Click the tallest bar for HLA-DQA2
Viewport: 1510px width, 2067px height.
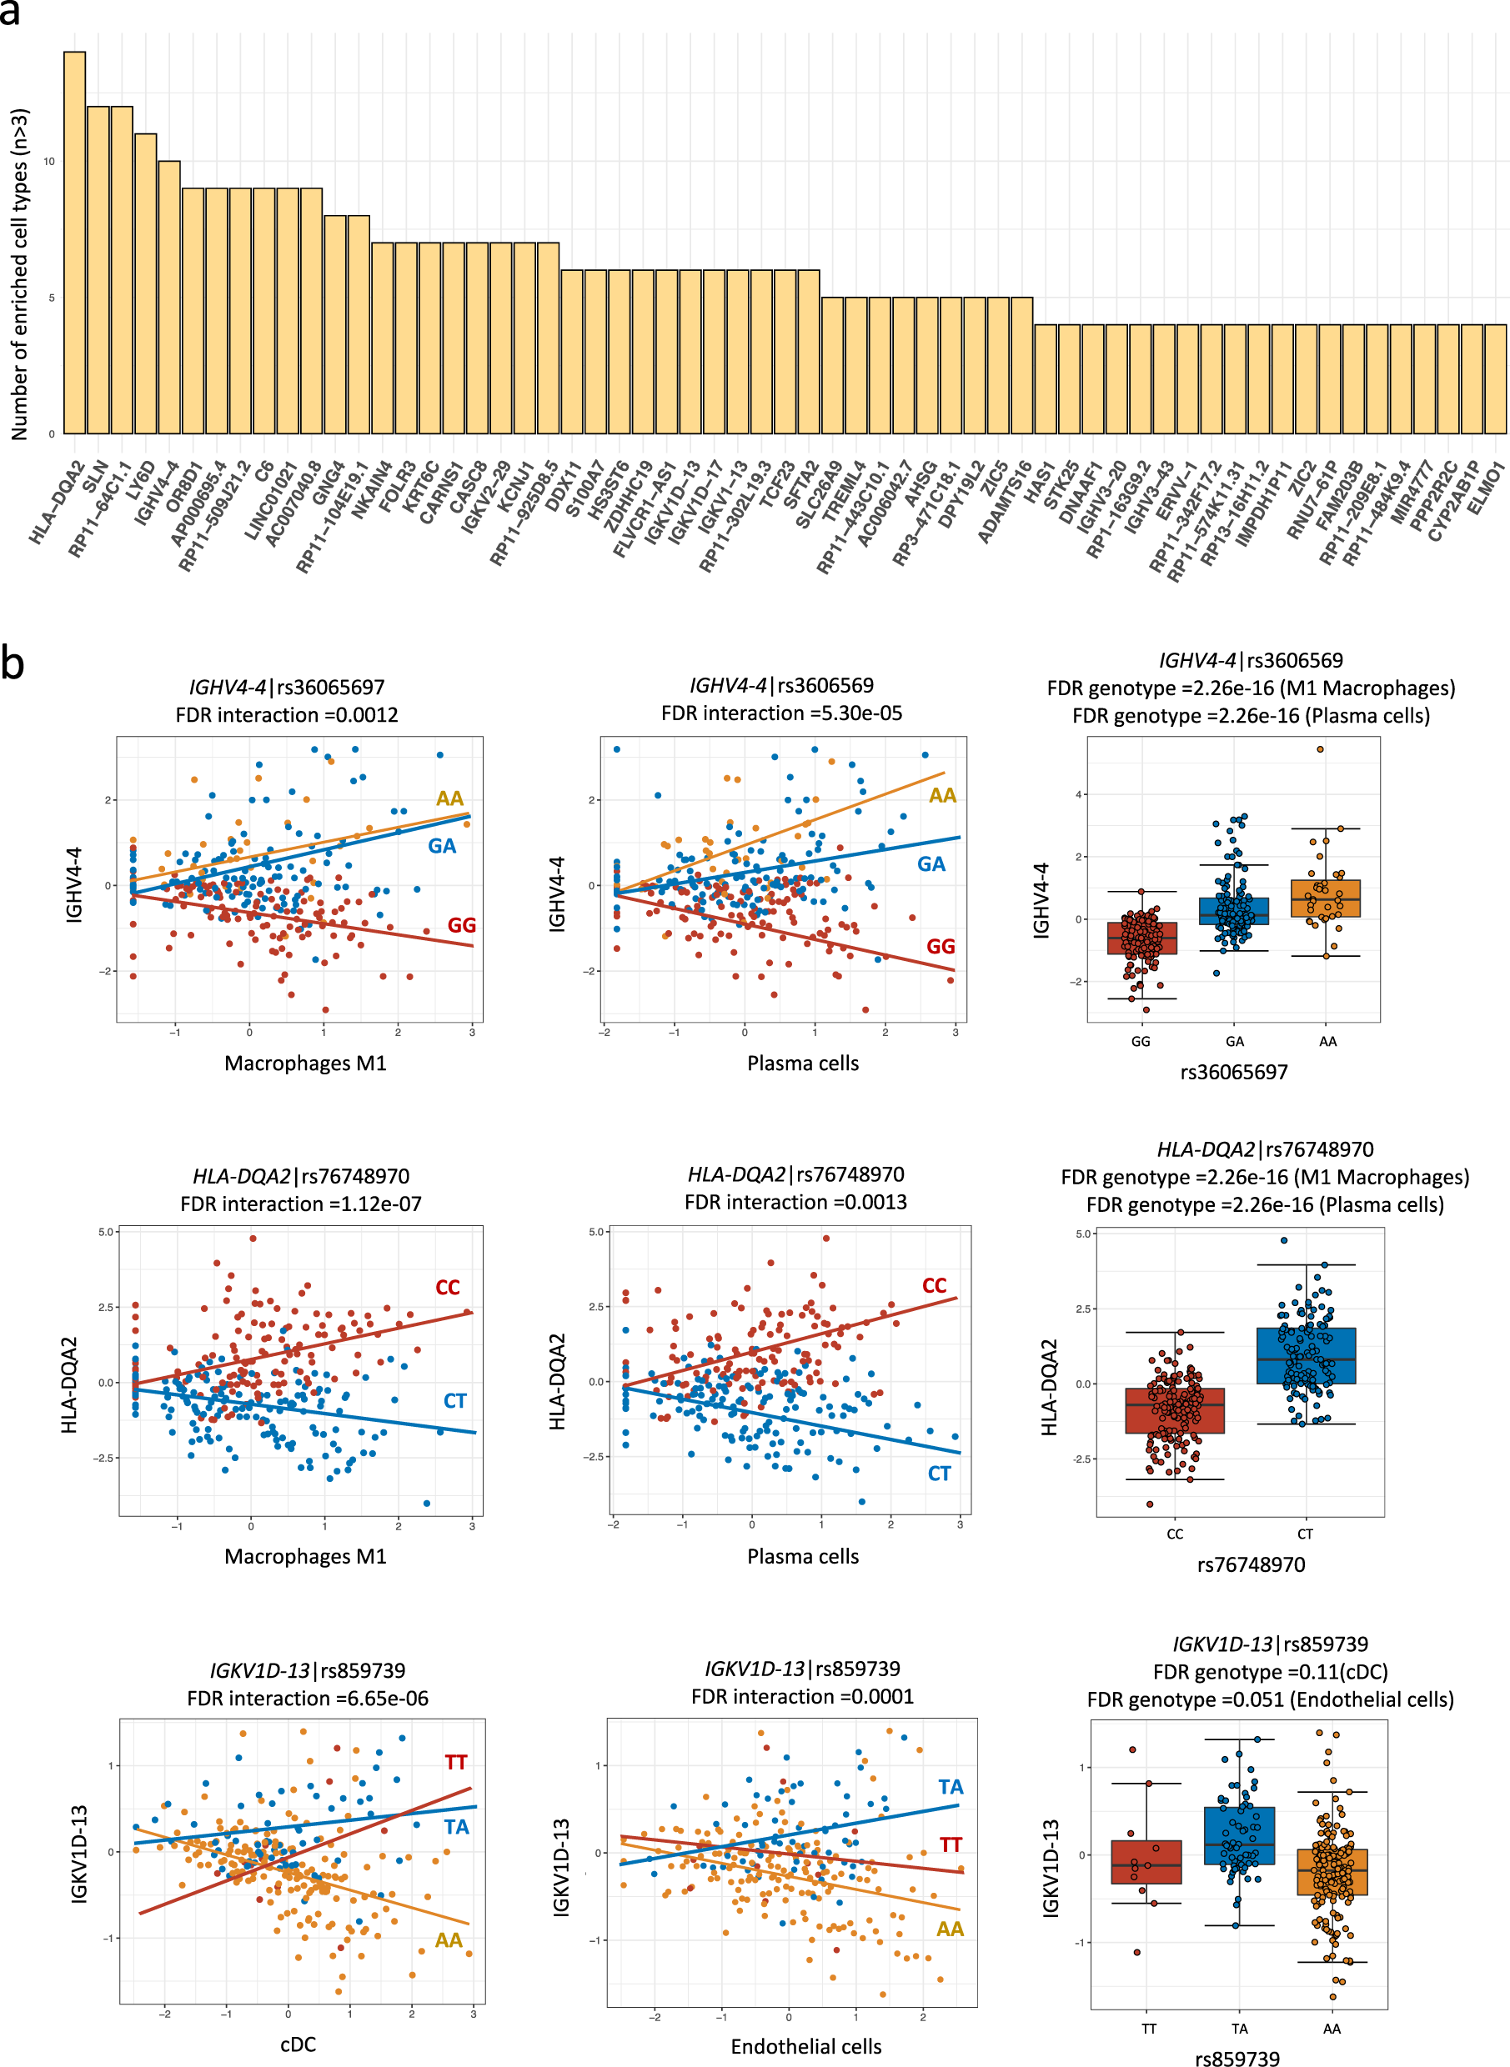(74, 243)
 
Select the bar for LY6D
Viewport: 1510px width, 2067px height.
(145, 283)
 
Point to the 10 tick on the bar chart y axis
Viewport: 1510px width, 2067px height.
(48, 162)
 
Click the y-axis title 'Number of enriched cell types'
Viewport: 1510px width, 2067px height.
(20, 274)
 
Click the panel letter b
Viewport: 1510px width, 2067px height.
(13, 662)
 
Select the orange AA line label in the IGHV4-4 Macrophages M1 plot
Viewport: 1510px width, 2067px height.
(449, 798)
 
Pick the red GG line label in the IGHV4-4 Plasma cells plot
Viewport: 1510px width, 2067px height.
(941, 946)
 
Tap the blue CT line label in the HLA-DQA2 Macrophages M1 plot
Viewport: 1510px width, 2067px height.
(454, 1400)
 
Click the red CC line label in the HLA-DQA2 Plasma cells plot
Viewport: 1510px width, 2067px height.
(934, 1285)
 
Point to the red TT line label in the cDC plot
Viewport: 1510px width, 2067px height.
(456, 1762)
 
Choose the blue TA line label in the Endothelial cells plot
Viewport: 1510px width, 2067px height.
(951, 1786)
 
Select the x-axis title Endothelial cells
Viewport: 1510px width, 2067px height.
(805, 2046)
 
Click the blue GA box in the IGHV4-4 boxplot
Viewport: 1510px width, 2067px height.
(1234, 911)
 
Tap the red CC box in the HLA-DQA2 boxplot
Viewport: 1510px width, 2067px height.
(1175, 1410)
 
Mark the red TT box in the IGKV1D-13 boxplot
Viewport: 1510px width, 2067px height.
(1146, 1861)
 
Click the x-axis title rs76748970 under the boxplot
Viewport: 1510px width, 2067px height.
(1251, 1564)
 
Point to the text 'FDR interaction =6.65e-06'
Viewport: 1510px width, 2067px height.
(307, 1698)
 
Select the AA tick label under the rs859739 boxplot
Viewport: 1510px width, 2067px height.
(1332, 2029)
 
